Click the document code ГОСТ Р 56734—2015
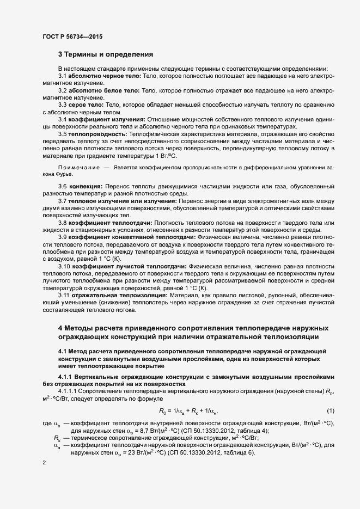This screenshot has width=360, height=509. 72,36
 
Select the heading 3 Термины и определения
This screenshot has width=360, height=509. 105,54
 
